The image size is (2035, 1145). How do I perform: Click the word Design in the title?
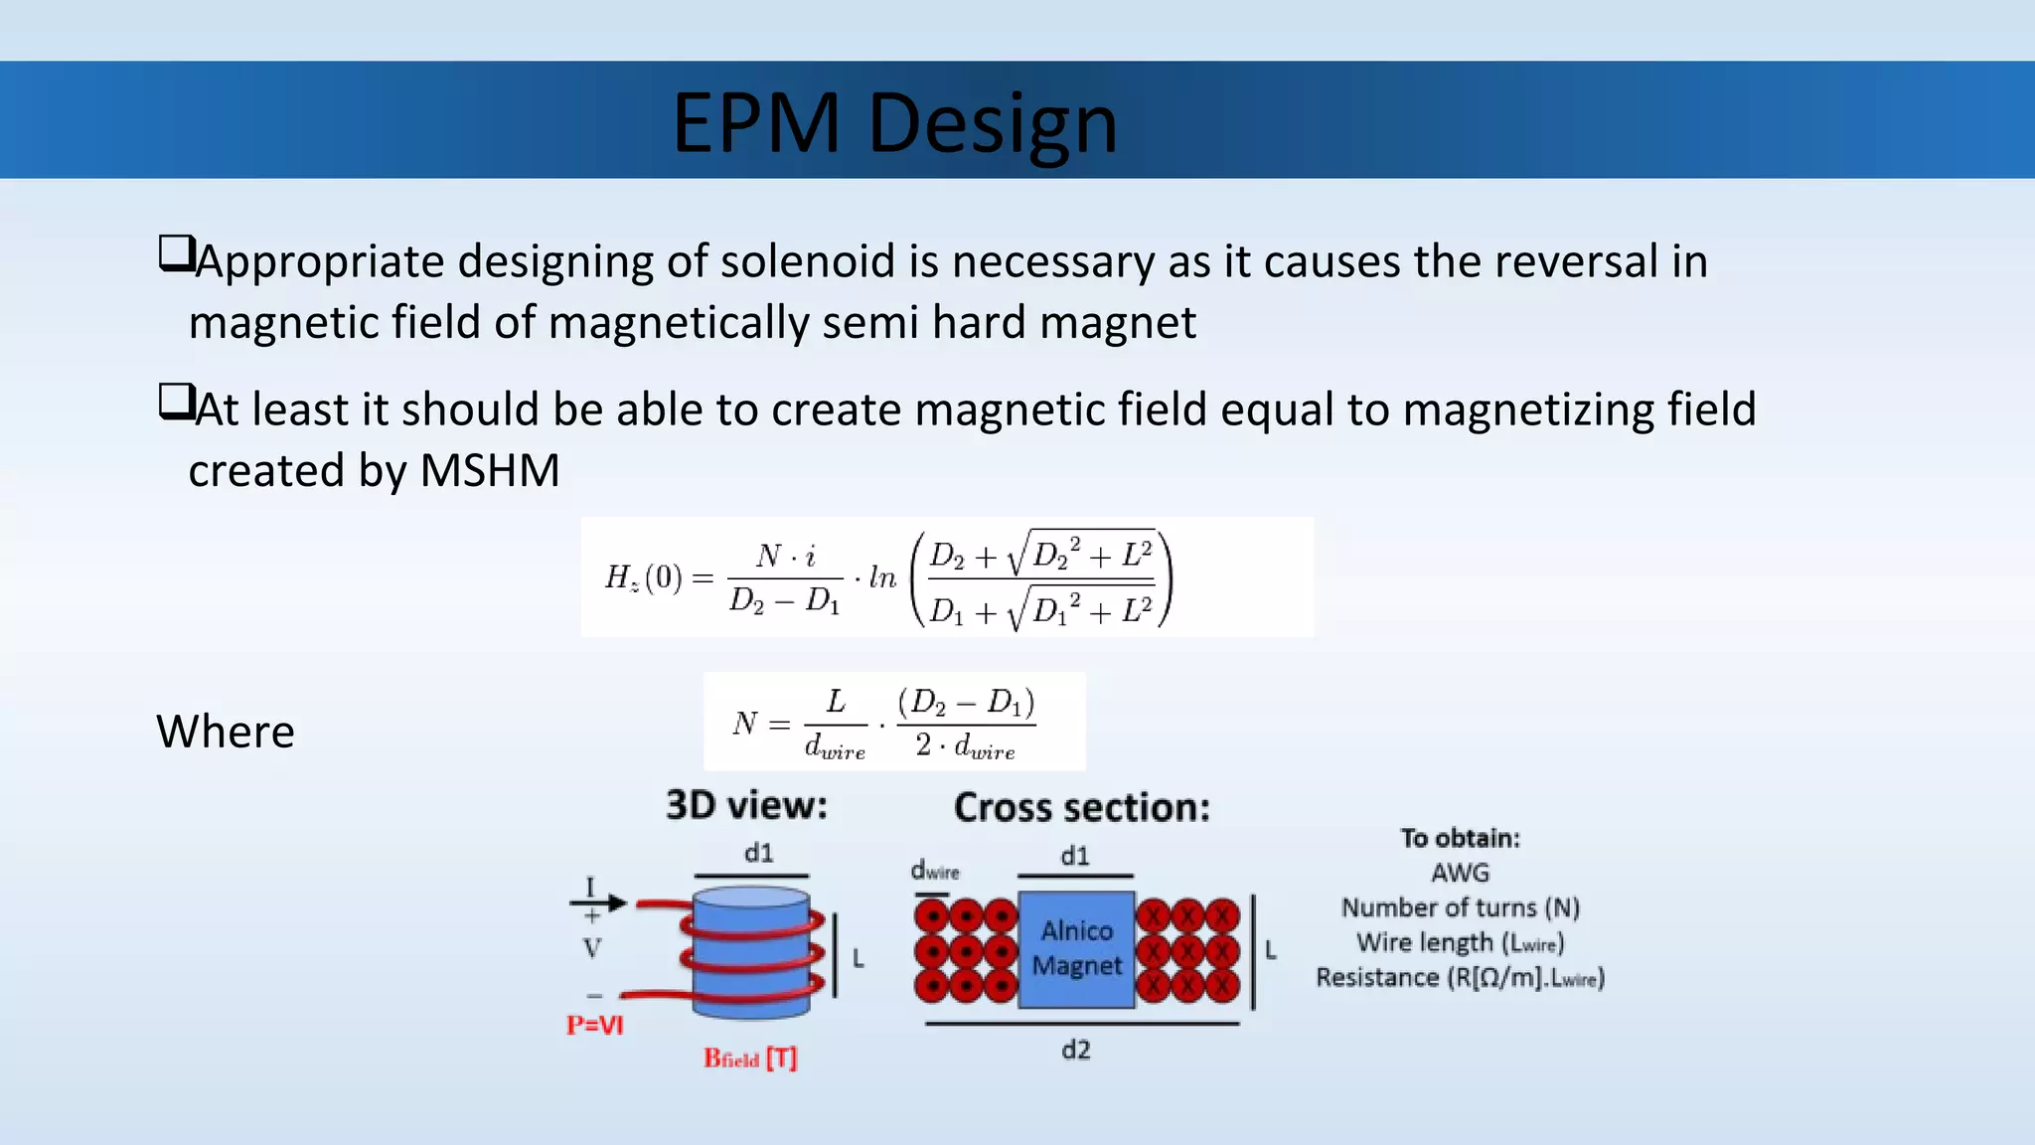click(993, 123)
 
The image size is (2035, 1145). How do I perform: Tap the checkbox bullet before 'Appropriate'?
click(175, 254)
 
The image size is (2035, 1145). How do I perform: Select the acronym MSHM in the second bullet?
click(490, 470)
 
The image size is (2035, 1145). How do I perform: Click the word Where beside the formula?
click(226, 732)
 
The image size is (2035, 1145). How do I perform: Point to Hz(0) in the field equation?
click(643, 577)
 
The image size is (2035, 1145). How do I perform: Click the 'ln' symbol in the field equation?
click(881, 577)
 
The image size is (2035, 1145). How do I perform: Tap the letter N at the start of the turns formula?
click(744, 723)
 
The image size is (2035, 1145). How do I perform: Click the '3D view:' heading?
click(746, 805)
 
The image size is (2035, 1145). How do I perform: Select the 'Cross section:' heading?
click(1082, 807)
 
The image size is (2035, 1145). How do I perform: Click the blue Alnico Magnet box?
click(1076, 948)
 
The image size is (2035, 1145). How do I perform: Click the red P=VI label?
click(594, 1025)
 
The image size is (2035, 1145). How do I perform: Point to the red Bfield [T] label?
click(750, 1059)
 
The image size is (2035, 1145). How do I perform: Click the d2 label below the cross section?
click(1075, 1050)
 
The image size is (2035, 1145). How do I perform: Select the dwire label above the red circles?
click(935, 871)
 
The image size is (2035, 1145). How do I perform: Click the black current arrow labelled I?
click(598, 901)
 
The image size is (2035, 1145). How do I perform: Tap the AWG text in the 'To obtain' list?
click(1460, 873)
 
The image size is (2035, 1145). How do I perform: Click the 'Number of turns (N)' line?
click(1460, 907)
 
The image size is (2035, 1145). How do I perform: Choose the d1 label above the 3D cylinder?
click(758, 853)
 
